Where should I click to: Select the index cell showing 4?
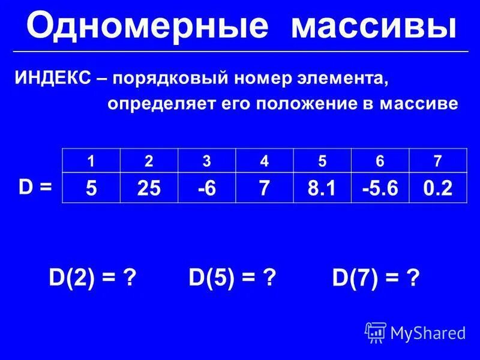[x=265, y=161]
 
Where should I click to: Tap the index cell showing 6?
[x=380, y=161]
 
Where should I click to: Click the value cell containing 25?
[x=149, y=188]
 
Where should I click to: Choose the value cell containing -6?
[x=206, y=188]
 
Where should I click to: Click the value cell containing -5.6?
[x=380, y=188]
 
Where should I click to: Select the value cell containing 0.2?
[x=436, y=188]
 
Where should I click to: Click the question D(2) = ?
[x=91, y=278]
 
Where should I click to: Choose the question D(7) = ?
[x=376, y=279]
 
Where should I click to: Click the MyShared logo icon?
[x=376, y=332]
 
